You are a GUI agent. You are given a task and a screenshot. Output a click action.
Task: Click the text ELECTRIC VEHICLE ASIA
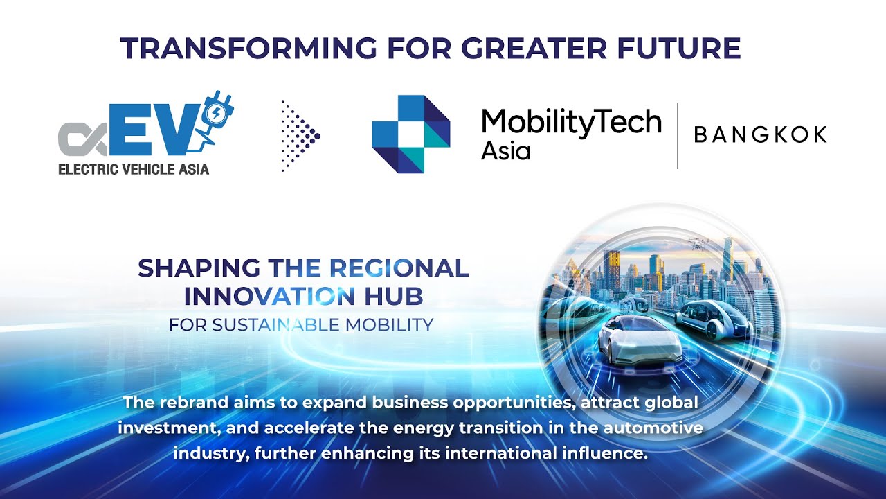tap(134, 168)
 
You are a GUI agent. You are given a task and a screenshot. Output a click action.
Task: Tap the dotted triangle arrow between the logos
tap(300, 136)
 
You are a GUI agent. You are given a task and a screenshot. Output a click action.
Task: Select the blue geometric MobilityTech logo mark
tap(410, 134)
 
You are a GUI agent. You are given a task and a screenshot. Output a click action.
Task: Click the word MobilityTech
tap(571, 123)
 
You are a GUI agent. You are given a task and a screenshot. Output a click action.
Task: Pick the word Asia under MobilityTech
tap(506, 150)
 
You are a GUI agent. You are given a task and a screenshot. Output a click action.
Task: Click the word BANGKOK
tap(760, 135)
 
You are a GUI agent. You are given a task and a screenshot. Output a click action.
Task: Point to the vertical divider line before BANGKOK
tap(677, 136)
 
